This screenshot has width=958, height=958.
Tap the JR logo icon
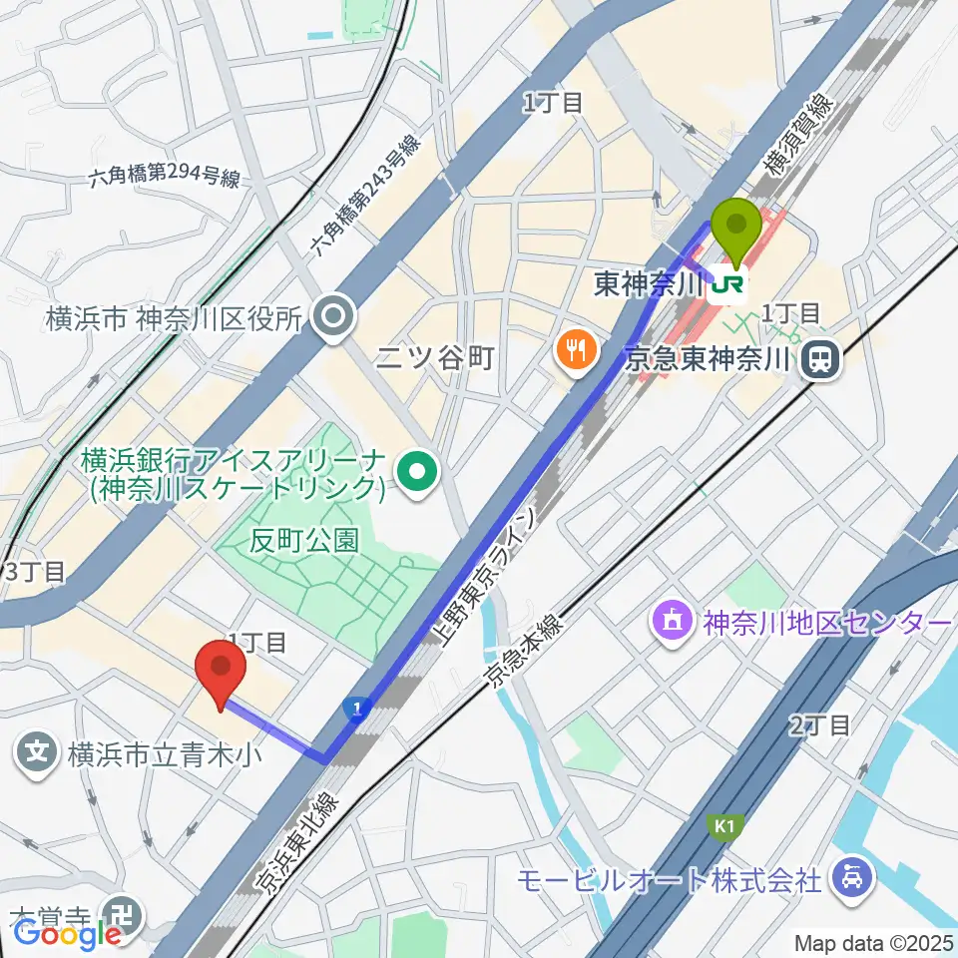727,285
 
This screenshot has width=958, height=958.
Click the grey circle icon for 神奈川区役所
332,318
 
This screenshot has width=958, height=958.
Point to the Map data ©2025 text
873,942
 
